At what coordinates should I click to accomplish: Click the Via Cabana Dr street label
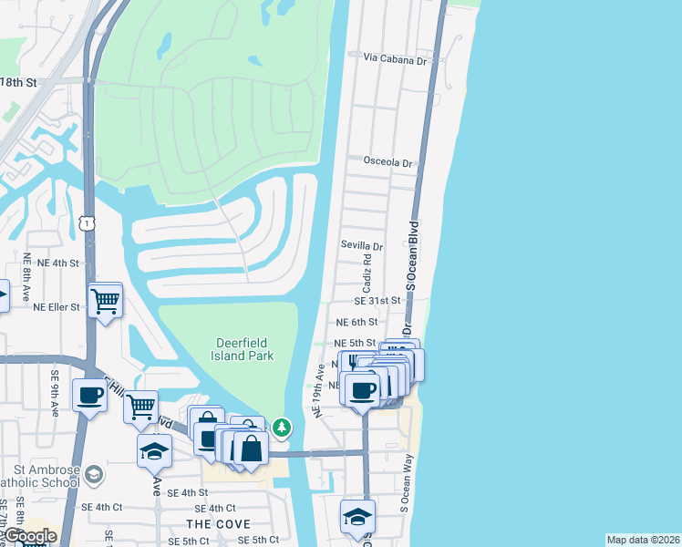pos(395,59)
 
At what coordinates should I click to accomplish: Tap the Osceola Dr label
pos(387,161)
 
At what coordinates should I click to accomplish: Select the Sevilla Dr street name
pos(361,246)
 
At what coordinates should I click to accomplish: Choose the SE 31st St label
pos(377,300)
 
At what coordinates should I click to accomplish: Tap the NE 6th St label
pos(356,322)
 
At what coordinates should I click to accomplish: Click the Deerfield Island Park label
pos(244,349)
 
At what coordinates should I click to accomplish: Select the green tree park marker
pos(283,427)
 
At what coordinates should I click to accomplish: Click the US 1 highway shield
pos(87,222)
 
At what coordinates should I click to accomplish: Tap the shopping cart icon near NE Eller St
pos(106,299)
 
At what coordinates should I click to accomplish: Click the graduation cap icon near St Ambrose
pos(154,450)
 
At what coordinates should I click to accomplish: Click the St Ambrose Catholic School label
pos(36,480)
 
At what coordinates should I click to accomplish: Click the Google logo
pos(30,537)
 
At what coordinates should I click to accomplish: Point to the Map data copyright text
pos(642,540)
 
